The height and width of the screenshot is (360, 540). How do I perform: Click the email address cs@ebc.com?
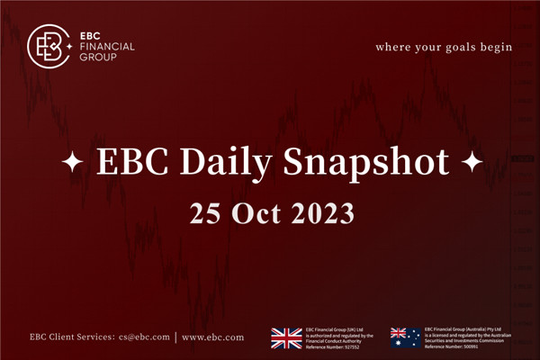144,337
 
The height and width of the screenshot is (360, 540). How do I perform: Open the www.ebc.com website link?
212,337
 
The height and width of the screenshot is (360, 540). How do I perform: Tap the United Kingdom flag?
287,337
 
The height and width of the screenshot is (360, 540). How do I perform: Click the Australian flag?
405,337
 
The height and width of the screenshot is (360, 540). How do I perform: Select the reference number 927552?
352,346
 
